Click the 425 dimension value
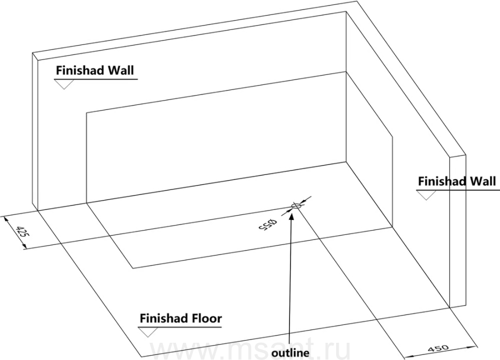[x=22, y=231]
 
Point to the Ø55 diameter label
[x=267, y=224]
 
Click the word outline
[x=290, y=353]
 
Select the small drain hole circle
[x=296, y=206]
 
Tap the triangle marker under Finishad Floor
[x=148, y=332]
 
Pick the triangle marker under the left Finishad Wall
[x=64, y=84]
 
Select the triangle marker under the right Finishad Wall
[x=426, y=195]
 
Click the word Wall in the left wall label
[x=121, y=70]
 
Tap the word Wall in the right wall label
[x=483, y=181]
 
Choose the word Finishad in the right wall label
[x=443, y=181]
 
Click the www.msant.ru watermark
[x=251, y=351]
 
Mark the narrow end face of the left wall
[x=36, y=131]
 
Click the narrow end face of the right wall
[x=458, y=232]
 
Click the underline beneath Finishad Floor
[x=179, y=327]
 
